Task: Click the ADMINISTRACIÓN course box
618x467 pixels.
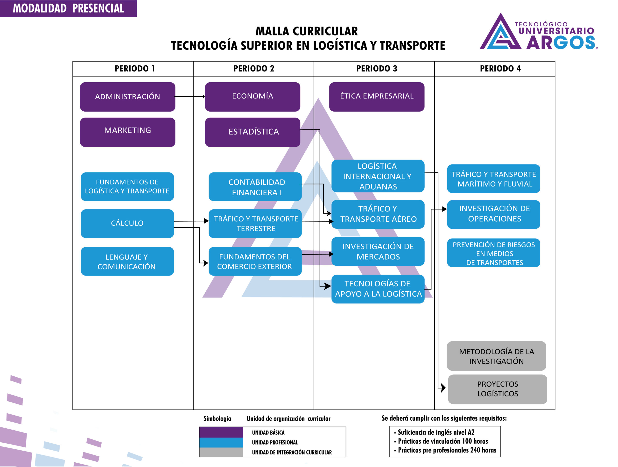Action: pos(127,97)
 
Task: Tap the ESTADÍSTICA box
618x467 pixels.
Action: pos(252,132)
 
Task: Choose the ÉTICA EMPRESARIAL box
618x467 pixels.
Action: pos(376,97)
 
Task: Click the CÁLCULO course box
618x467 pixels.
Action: pos(127,223)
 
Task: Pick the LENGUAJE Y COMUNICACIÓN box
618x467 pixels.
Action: pos(127,261)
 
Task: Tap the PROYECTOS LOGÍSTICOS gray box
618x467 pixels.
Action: pos(497,389)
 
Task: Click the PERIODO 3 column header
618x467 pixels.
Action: pos(376,69)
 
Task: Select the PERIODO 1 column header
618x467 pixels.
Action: pos(135,69)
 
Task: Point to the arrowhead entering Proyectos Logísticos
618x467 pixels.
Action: pos(443,388)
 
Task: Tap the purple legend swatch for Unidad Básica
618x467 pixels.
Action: pos(221,432)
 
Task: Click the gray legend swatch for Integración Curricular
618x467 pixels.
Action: pos(221,452)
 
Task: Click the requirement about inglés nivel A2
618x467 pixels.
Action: pos(436,432)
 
